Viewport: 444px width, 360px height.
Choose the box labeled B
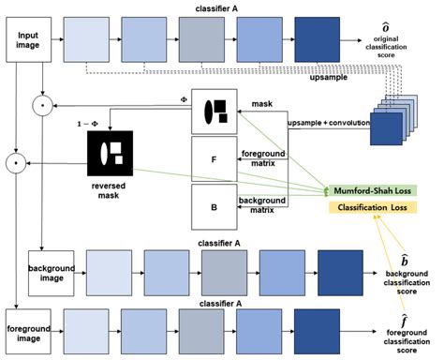tap(213, 206)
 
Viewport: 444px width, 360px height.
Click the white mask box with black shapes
tap(213, 112)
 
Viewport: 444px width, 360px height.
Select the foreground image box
tap(25, 322)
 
